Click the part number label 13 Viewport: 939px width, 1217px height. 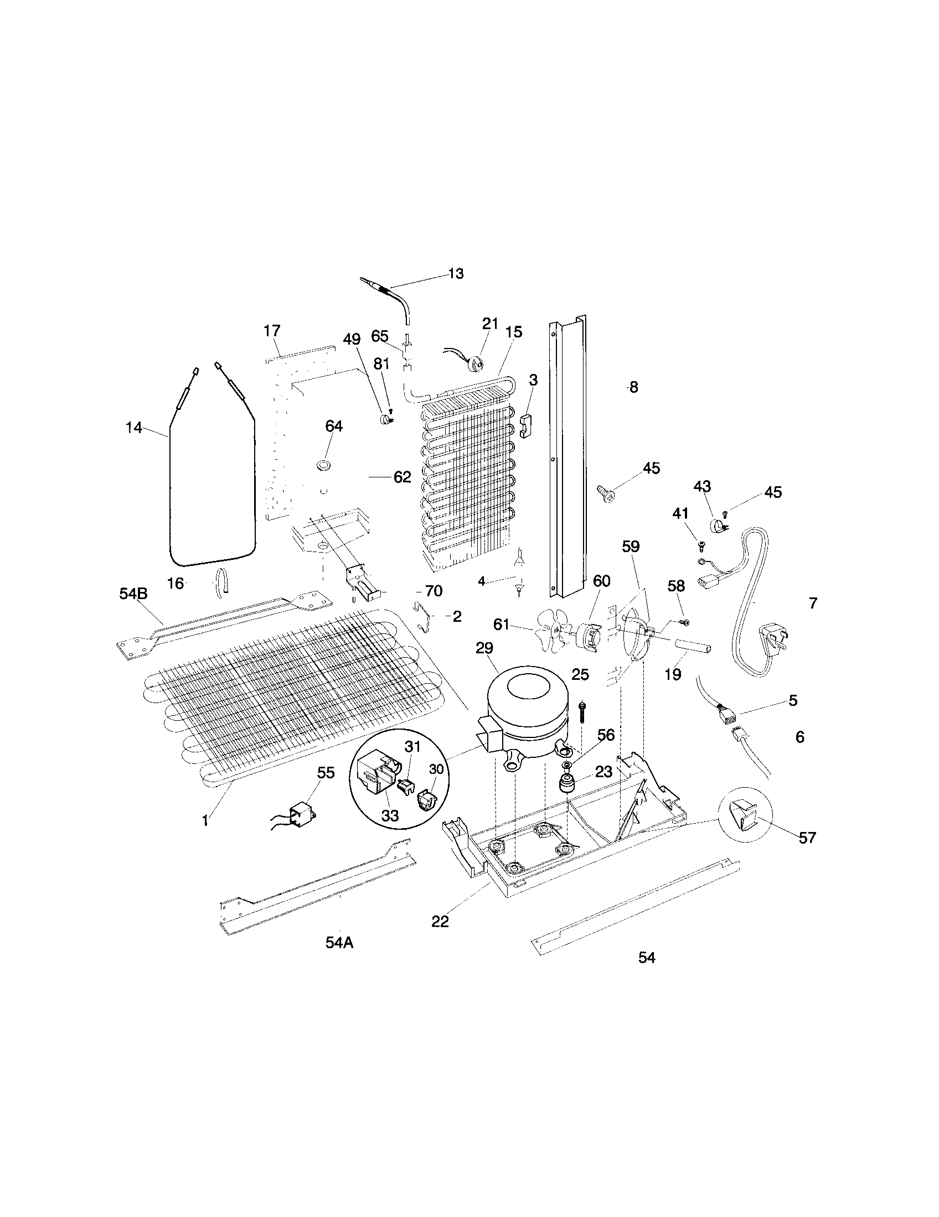(x=456, y=274)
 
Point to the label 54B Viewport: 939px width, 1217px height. (x=134, y=594)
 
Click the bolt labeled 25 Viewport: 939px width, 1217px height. (x=581, y=711)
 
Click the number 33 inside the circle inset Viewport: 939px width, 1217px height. (x=390, y=816)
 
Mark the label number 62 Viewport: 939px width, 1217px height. (x=402, y=477)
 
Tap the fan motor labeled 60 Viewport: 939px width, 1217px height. (x=589, y=636)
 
